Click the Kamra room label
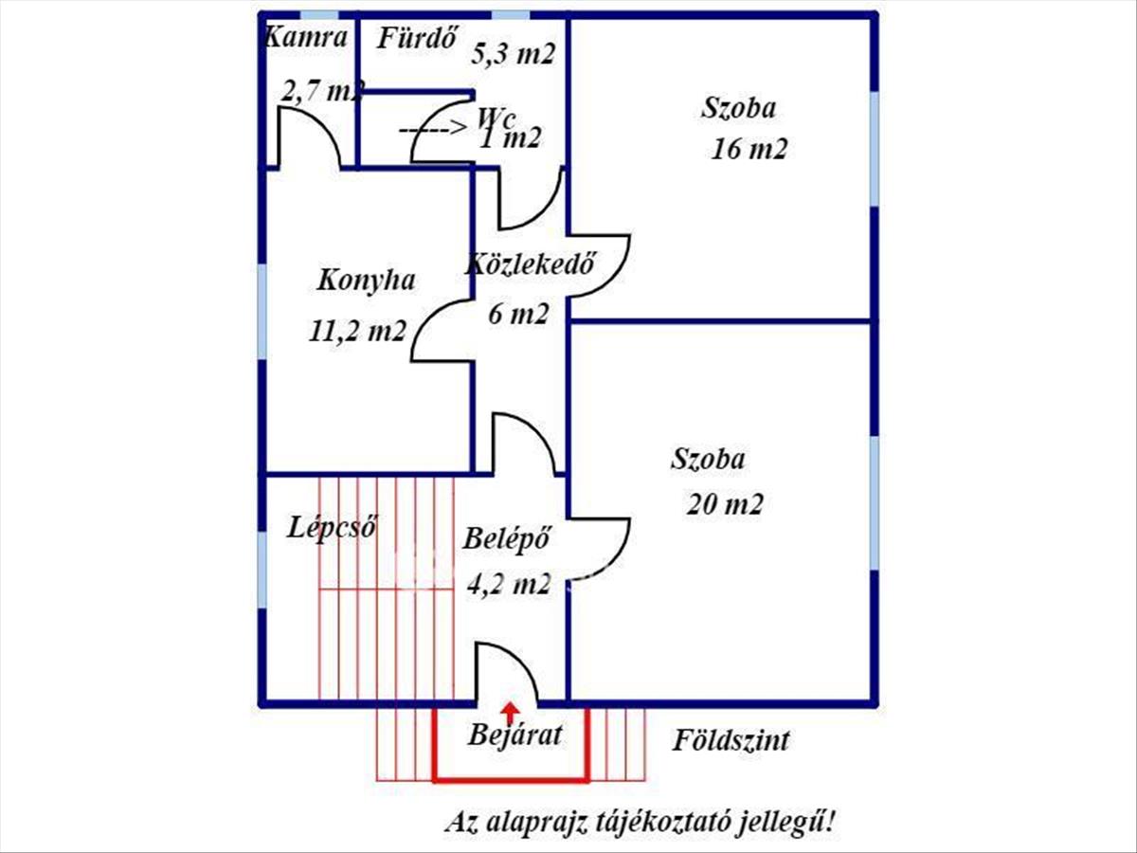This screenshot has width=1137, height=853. coord(304,38)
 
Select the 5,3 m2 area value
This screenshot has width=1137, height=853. coord(513,54)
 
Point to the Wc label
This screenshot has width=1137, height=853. coord(496,118)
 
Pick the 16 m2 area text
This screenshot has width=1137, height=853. coord(749,150)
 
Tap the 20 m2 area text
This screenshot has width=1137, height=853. coord(724,503)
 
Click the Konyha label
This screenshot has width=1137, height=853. coord(366,281)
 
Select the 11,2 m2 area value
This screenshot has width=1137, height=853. coord(357,331)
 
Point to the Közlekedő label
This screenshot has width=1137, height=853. coord(529,264)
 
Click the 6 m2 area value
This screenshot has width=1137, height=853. coord(517,314)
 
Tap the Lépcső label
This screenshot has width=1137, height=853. coord(333,527)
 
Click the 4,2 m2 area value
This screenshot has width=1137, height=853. coord(509,583)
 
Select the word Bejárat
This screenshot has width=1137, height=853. coord(515,735)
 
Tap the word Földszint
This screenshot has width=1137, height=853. coord(731,740)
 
